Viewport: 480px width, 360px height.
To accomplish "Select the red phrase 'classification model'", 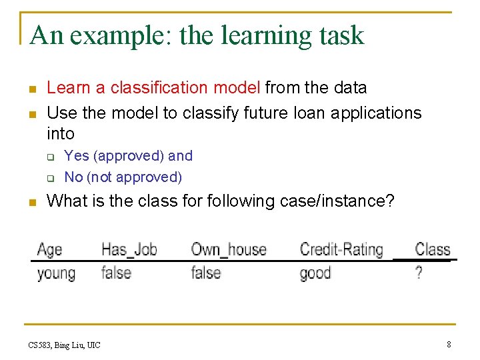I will coord(186,87).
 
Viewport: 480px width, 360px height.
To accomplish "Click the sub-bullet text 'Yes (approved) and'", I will coord(128,156).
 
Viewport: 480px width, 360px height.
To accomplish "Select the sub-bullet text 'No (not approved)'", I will coord(123,177).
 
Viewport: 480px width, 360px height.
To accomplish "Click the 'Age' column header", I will coord(50,250).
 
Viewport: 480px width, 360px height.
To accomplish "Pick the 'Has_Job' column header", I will coord(129,250).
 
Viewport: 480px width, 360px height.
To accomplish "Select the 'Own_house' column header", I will coord(228,250).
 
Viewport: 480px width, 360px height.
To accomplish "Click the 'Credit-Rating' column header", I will coord(341,250).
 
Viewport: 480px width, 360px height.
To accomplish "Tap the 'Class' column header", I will coord(433,250).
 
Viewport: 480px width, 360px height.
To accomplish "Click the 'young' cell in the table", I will coord(56,273).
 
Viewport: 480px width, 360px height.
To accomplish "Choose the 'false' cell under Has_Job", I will coord(116,273).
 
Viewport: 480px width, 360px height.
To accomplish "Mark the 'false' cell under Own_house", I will coord(205,273).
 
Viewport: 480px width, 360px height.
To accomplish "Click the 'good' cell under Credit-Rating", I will coord(315,273).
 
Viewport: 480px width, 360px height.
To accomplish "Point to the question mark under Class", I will coord(419,273).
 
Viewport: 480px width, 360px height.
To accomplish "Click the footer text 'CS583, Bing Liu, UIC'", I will coord(65,345).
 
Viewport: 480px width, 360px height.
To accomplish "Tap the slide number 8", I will coord(448,344).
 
